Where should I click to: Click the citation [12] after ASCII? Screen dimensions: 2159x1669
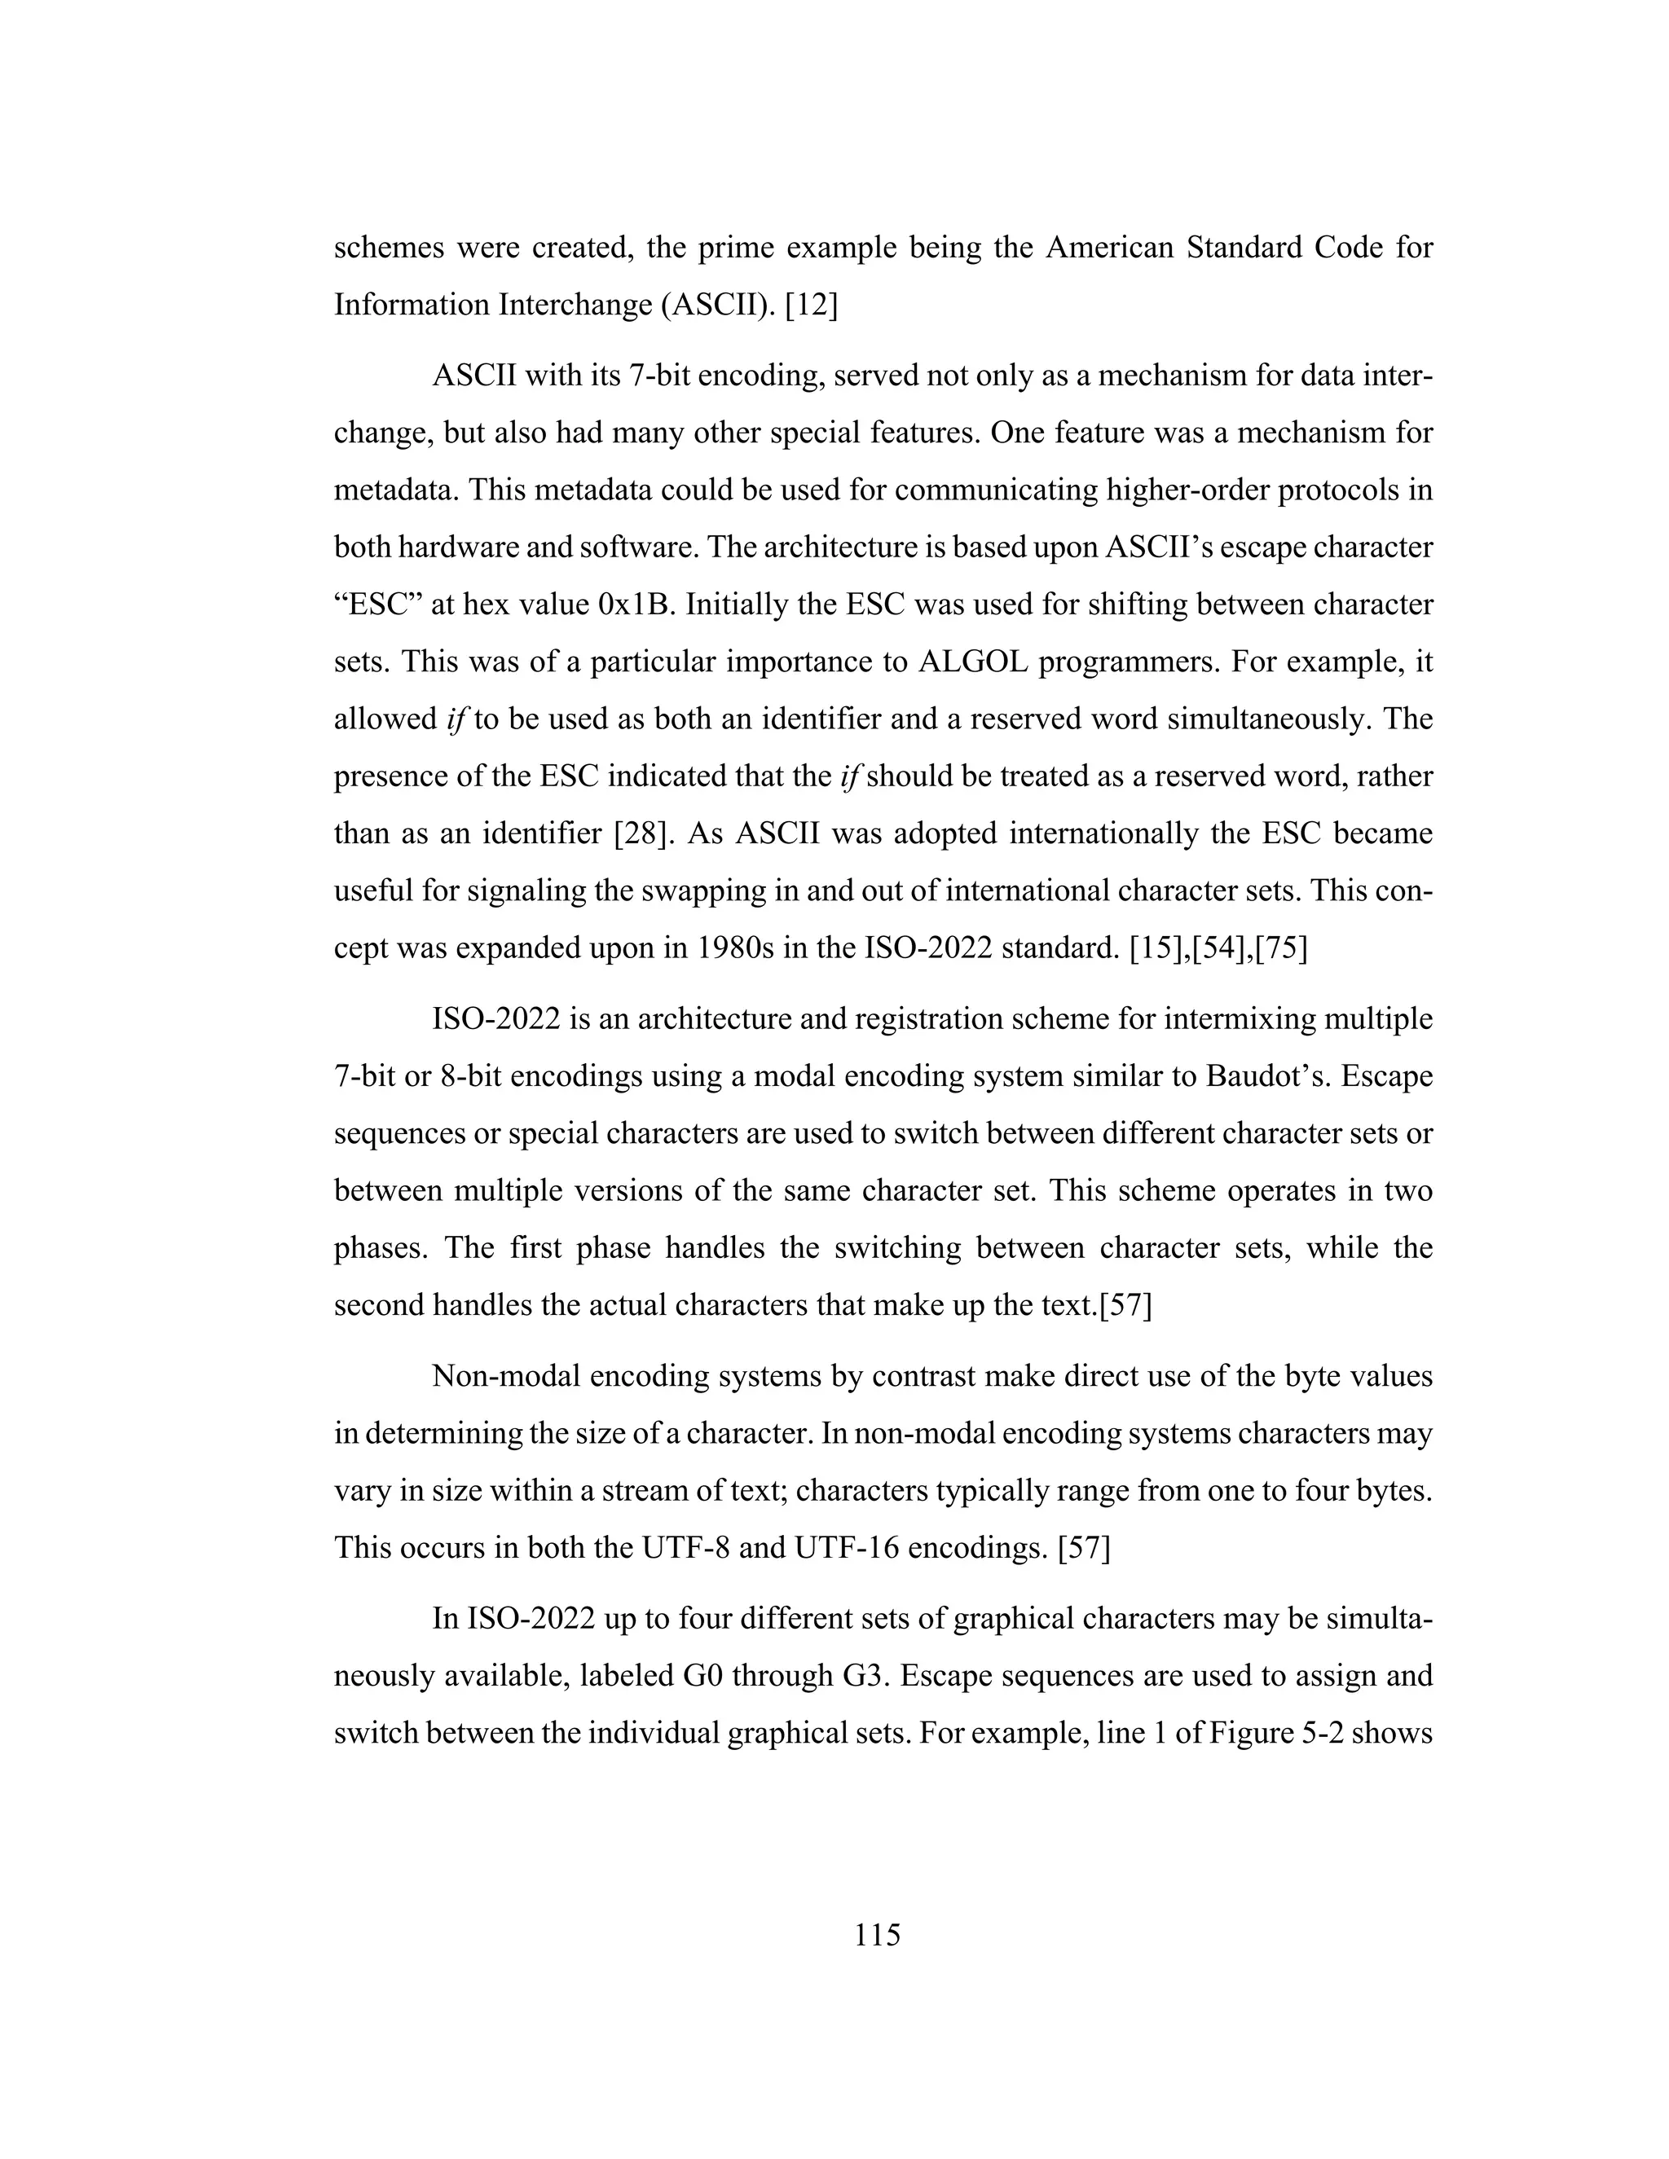811,306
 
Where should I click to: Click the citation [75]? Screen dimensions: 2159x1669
1280,949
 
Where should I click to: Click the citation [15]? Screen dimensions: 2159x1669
1160,949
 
